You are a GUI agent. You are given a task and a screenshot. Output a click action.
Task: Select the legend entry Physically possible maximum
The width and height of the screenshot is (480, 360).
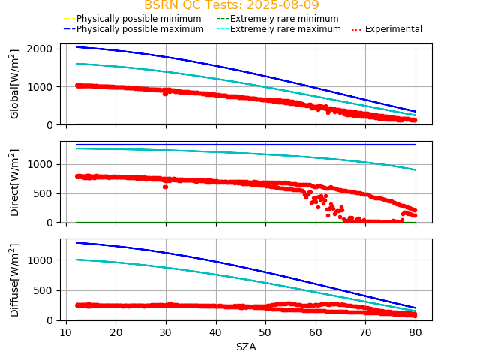point(139,29)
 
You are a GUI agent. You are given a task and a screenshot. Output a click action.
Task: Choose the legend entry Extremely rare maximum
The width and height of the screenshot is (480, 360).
point(285,29)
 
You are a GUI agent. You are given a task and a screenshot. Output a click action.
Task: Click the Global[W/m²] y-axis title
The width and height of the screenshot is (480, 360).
point(15,84)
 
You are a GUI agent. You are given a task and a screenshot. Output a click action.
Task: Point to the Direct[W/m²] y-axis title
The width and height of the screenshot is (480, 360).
point(15,182)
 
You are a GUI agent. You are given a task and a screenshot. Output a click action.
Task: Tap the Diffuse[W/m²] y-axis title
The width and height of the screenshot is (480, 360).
point(15,280)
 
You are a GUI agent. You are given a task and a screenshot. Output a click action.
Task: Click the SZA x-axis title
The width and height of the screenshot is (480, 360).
point(246,346)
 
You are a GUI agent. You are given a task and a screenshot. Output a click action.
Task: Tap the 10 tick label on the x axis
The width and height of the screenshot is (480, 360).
point(66,332)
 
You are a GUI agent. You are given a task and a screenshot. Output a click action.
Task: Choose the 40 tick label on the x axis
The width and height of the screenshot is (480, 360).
point(215,332)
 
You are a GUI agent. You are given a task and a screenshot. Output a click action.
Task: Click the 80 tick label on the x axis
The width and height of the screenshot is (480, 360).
point(415,332)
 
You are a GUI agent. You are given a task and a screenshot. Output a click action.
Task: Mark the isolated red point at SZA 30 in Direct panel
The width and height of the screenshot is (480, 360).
point(165,187)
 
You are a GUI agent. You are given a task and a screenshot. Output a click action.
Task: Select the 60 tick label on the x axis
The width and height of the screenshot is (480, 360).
point(315,332)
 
